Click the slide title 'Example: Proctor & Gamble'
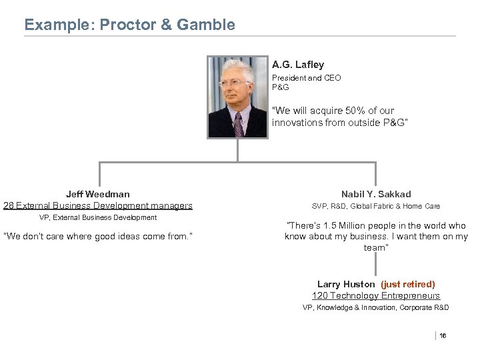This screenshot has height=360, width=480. click(x=129, y=25)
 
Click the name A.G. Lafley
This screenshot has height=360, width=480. click(x=298, y=65)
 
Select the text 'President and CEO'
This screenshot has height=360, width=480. click(x=306, y=78)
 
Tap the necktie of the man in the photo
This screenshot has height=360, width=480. click(x=239, y=124)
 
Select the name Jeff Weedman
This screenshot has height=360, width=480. click(x=98, y=194)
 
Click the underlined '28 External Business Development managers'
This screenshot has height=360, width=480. click(x=98, y=205)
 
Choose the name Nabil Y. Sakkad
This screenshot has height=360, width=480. click(x=377, y=194)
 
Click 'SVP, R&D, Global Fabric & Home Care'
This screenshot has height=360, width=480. click(x=377, y=207)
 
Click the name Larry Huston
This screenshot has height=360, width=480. click(x=347, y=284)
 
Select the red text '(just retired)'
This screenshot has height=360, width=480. click(x=408, y=284)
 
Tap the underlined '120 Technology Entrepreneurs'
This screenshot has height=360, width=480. click(x=376, y=295)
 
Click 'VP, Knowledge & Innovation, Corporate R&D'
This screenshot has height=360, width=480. click(x=376, y=307)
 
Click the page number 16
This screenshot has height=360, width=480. click(x=443, y=335)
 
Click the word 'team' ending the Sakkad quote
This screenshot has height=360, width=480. click(x=375, y=247)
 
